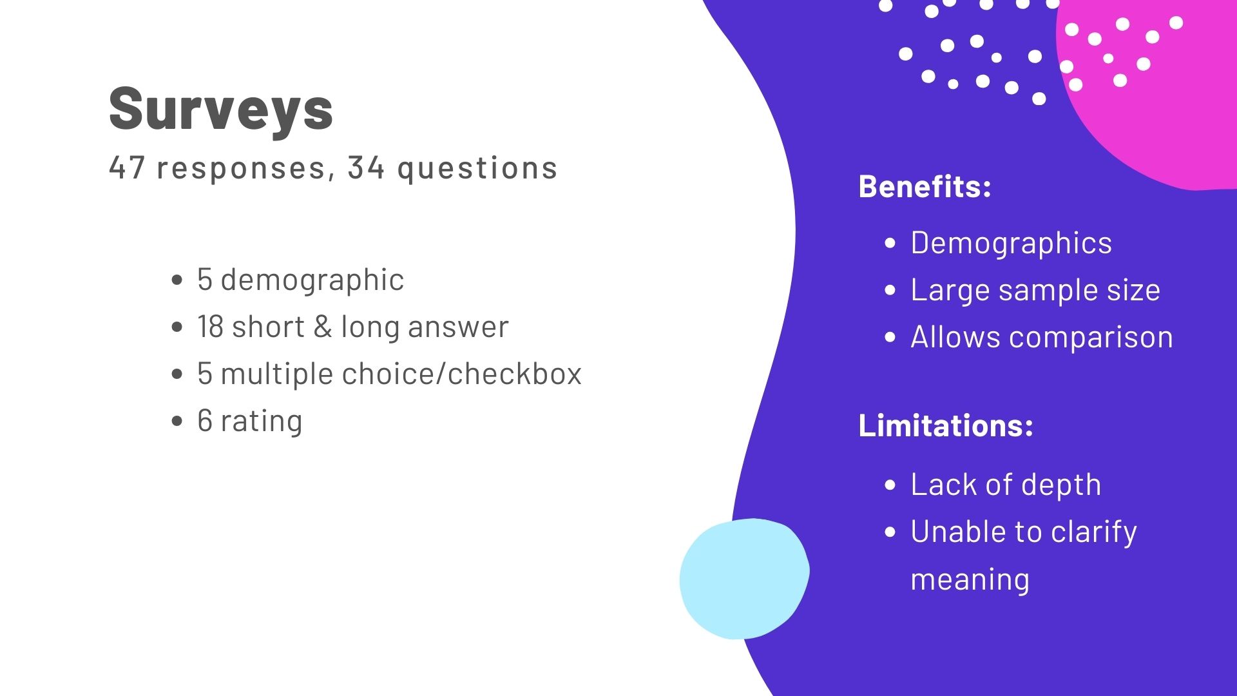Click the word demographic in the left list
pos(312,280)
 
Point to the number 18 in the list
pos(211,326)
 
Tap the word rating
pos(262,421)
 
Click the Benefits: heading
pos(925,186)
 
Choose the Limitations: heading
pos(946,425)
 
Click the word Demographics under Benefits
pos(1011,244)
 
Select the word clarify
pos(1094,532)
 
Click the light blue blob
pos(744,579)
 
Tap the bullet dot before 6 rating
pos(178,421)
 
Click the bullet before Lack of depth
pos(890,485)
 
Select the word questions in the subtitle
pos(477,169)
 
